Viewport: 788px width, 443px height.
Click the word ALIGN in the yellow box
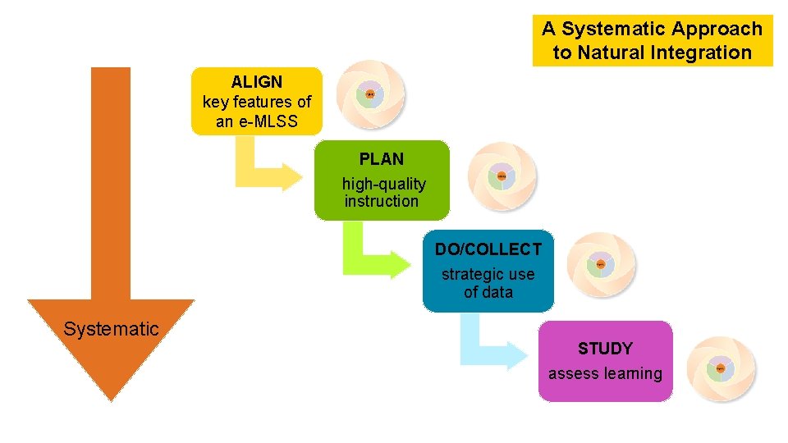(x=256, y=82)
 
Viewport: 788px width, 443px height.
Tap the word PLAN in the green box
(x=382, y=159)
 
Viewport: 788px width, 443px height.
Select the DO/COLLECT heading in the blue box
(x=488, y=249)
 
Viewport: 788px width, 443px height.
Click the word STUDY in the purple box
(x=605, y=349)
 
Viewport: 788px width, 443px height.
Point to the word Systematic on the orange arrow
(x=111, y=330)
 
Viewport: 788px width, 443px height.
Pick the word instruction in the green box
(x=381, y=201)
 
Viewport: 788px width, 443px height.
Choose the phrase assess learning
(x=605, y=374)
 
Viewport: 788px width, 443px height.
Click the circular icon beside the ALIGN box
(x=370, y=95)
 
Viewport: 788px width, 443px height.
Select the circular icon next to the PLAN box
(x=501, y=176)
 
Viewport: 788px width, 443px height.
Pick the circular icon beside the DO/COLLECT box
(x=601, y=265)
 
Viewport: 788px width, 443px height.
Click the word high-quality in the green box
(x=384, y=184)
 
